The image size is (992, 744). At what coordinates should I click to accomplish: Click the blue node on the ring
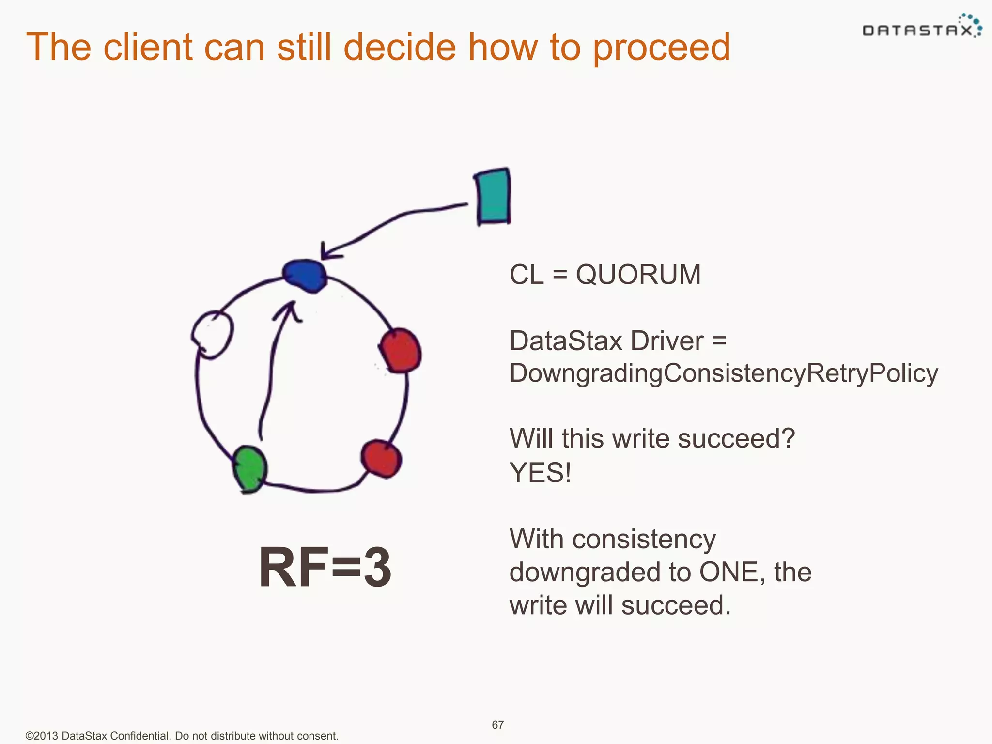305,276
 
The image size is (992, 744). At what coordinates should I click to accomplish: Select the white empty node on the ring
212,334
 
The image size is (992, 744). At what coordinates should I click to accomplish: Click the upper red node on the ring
400,350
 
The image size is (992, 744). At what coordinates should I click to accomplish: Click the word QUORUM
638,275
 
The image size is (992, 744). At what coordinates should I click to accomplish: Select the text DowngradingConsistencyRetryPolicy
723,373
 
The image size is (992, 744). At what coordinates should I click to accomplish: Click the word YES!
540,472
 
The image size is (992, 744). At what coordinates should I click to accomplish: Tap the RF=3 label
325,567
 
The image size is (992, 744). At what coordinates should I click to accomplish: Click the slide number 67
497,725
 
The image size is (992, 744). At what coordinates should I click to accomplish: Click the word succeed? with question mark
736,439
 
